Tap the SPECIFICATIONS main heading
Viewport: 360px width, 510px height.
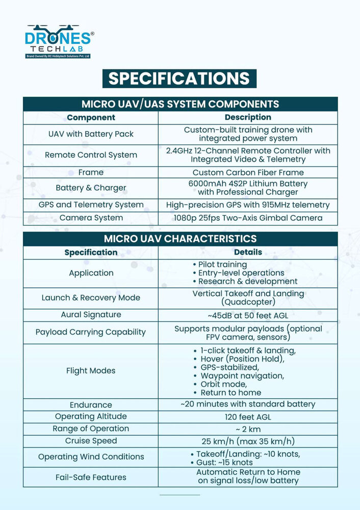179,78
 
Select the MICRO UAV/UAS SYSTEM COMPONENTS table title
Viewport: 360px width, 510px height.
180,104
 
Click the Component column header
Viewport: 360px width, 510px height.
91,117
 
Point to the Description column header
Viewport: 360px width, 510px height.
248,117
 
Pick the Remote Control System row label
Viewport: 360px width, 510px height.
91,155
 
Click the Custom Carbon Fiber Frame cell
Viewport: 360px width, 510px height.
248,172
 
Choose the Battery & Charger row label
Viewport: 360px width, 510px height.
91,188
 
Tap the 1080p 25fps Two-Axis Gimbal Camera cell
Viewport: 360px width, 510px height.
248,218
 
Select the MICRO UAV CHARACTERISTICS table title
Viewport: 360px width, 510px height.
180,239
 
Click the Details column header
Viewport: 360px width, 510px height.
248,252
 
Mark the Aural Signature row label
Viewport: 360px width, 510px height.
91,315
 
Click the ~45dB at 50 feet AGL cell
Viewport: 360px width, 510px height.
248,315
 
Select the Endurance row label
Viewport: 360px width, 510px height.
91,404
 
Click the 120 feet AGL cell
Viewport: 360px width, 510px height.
248,417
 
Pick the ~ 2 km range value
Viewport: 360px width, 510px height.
248,429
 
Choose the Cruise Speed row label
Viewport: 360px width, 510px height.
91,441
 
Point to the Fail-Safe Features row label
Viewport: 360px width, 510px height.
91,477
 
